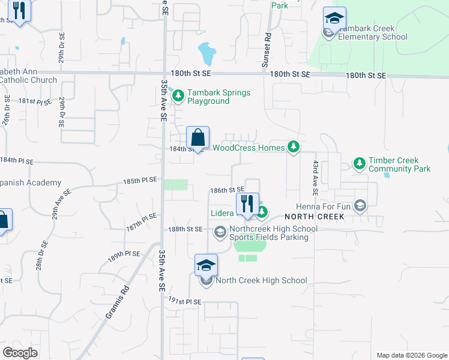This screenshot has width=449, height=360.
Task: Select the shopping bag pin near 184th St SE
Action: point(197,138)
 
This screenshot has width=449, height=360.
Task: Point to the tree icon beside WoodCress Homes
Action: point(293,147)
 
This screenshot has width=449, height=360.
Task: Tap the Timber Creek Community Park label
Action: point(399,165)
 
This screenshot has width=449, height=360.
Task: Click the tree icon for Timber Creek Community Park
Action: point(359,163)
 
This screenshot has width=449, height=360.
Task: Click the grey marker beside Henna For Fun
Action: point(360,206)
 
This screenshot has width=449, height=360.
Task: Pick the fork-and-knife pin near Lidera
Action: point(247,204)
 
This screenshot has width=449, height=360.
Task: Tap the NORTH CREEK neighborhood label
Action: point(315,217)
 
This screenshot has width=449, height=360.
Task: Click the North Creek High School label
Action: point(261,280)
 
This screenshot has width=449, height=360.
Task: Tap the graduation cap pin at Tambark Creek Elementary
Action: point(334,18)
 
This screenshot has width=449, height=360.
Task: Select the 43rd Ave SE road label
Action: point(315,177)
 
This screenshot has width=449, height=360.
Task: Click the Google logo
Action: point(20,353)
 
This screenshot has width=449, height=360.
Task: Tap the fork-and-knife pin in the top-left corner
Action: point(20,11)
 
